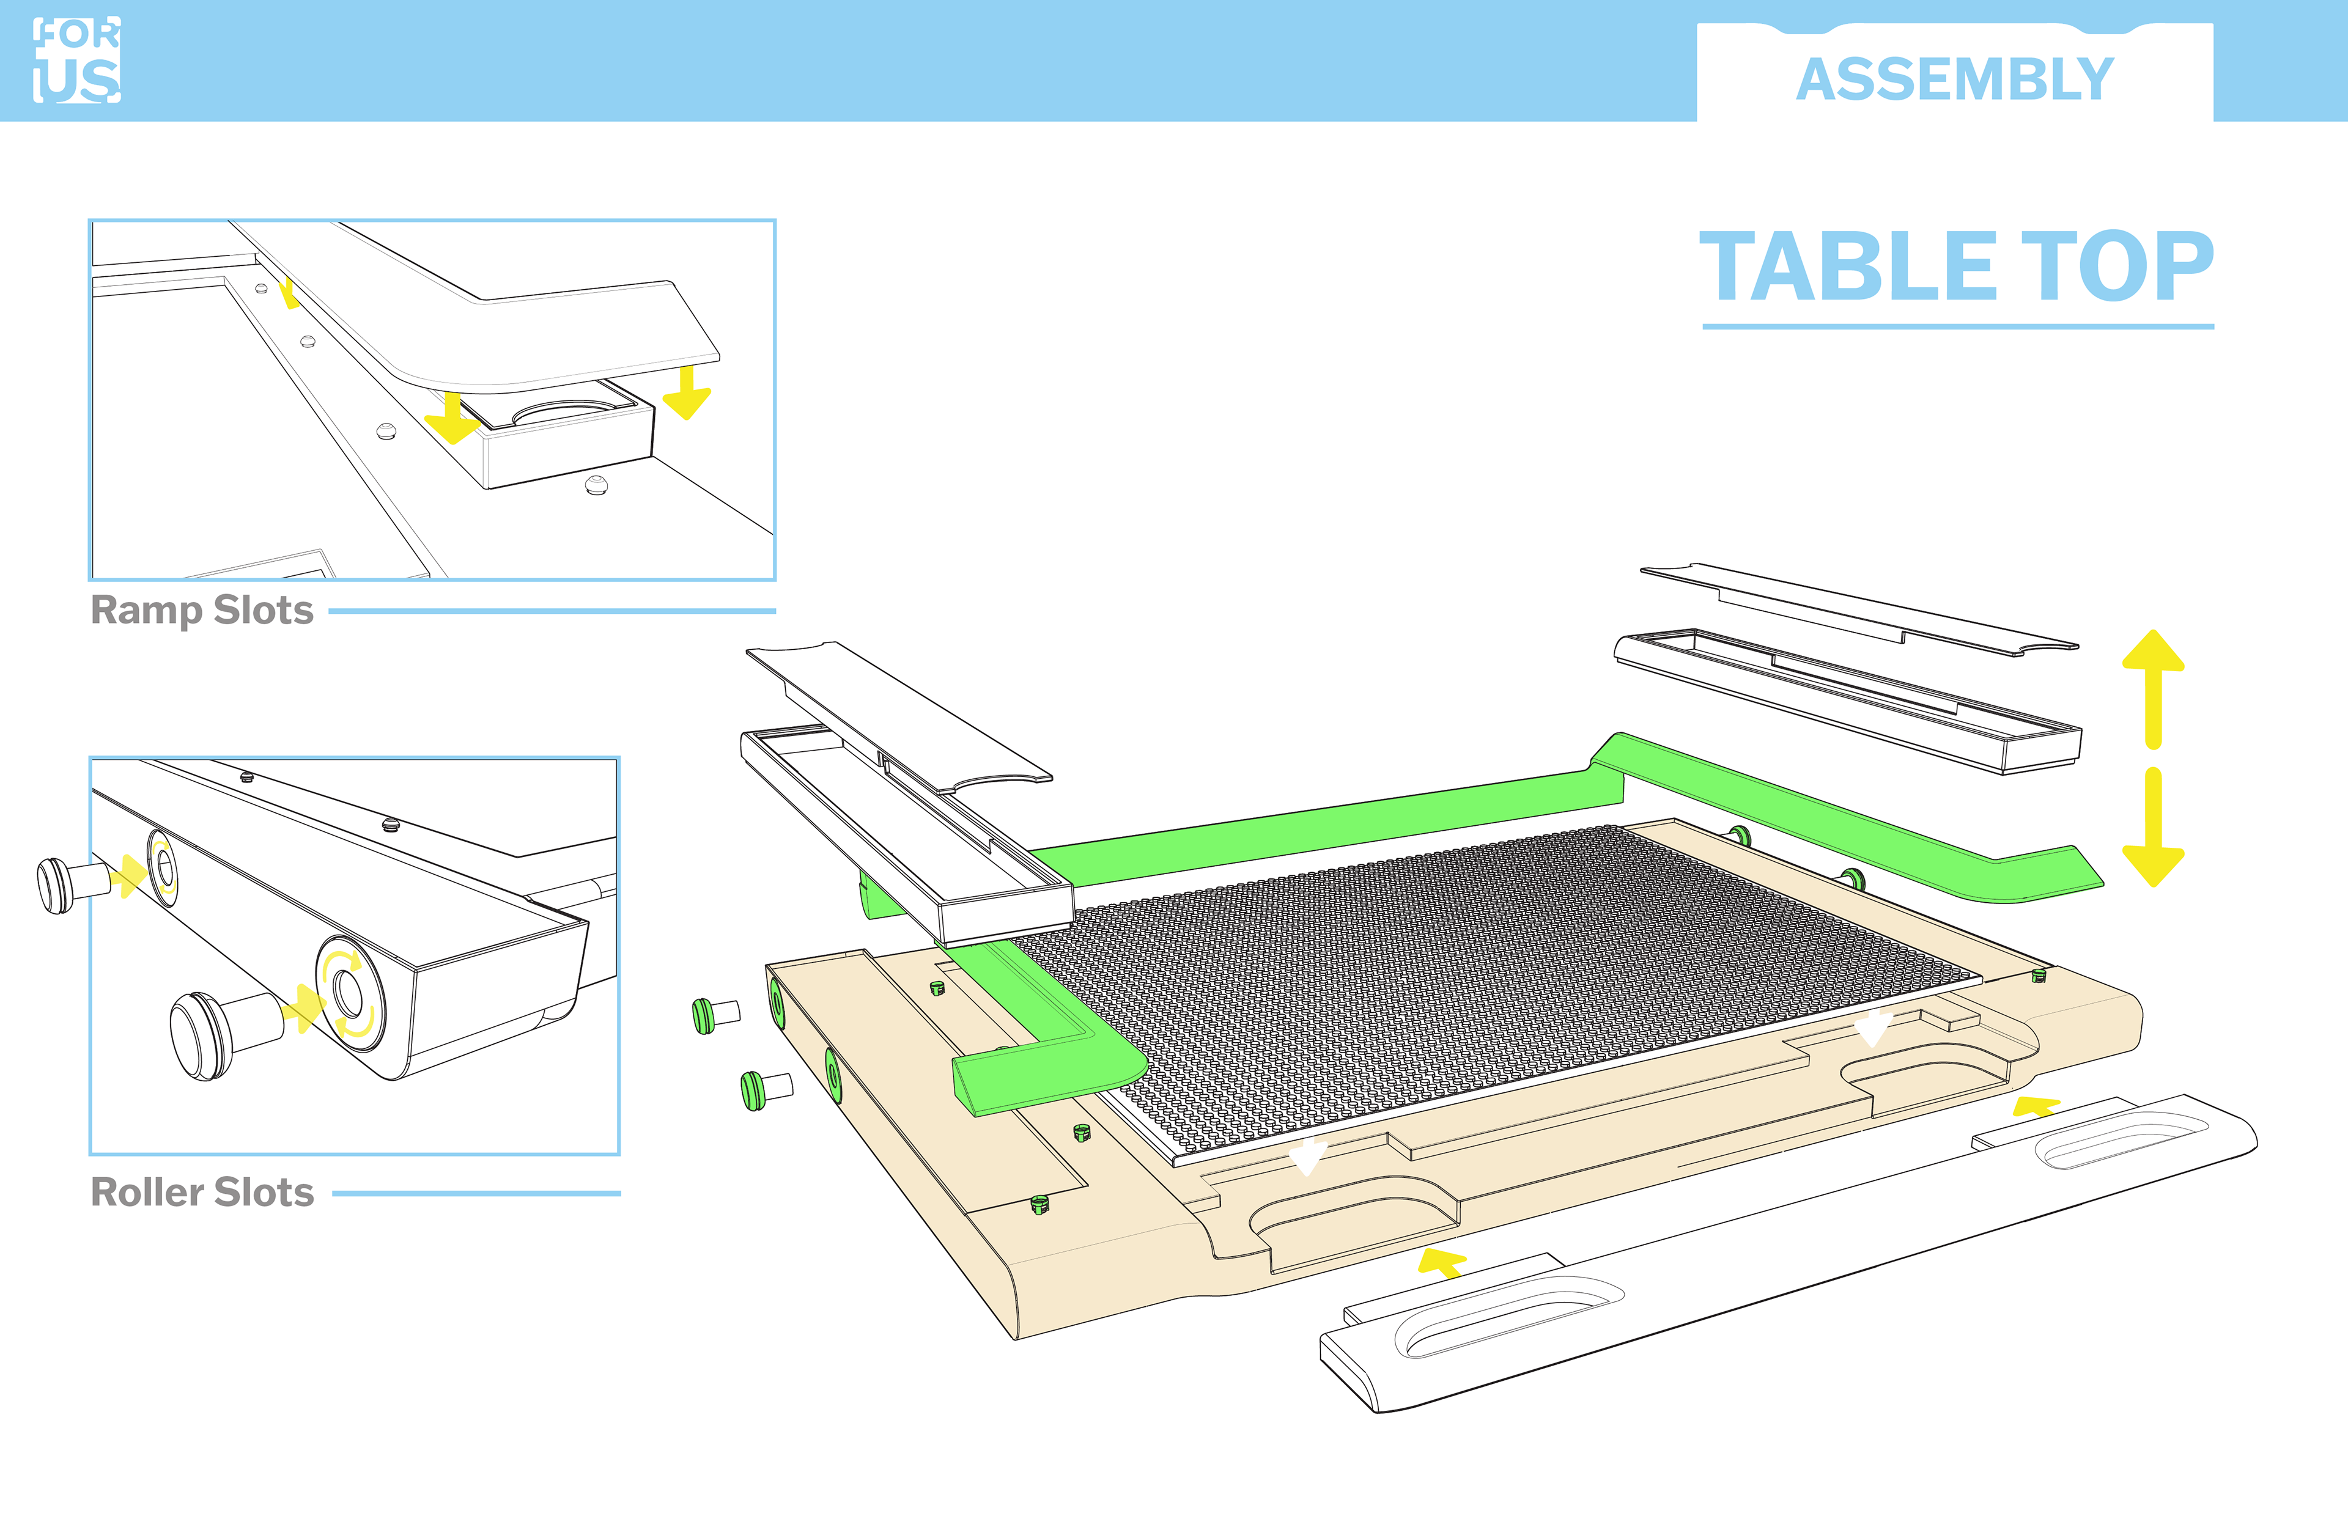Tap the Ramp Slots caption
pyautogui.click(x=202, y=611)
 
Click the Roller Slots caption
pyautogui.click(x=202, y=1193)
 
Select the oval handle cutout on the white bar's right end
pyautogui.click(x=2121, y=1139)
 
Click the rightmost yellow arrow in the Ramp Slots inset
pyautogui.click(x=687, y=392)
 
